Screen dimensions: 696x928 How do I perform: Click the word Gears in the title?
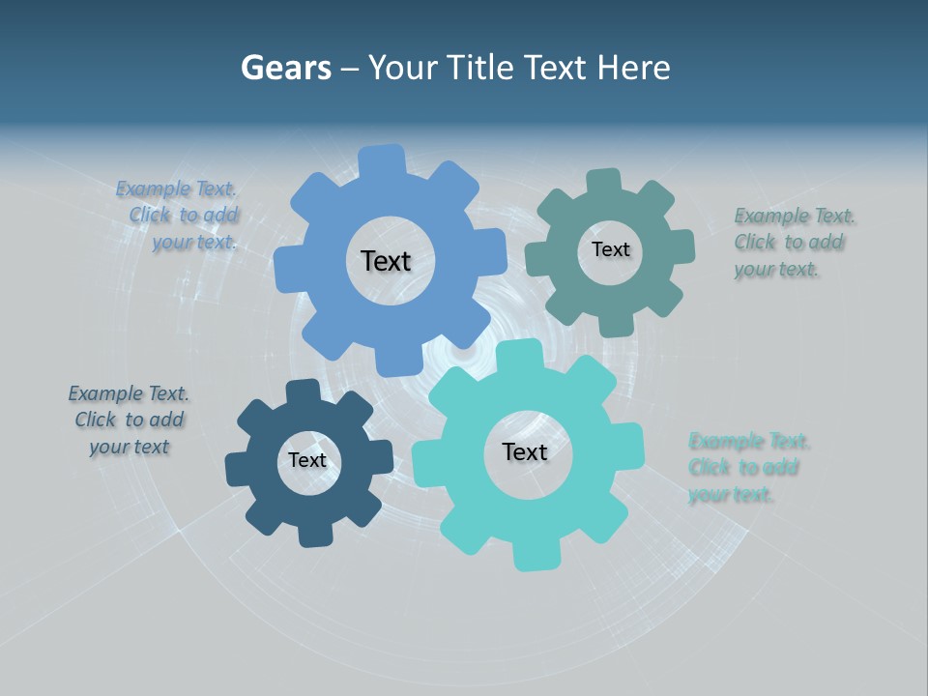(286, 68)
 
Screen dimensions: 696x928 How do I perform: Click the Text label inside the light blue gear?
(387, 261)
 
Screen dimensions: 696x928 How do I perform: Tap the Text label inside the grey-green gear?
(610, 249)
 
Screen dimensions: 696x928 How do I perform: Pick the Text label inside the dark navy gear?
(307, 460)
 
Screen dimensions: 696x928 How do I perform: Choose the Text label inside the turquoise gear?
(525, 451)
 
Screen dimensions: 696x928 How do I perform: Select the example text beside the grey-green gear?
(792, 242)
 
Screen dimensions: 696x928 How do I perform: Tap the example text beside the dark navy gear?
(129, 420)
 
